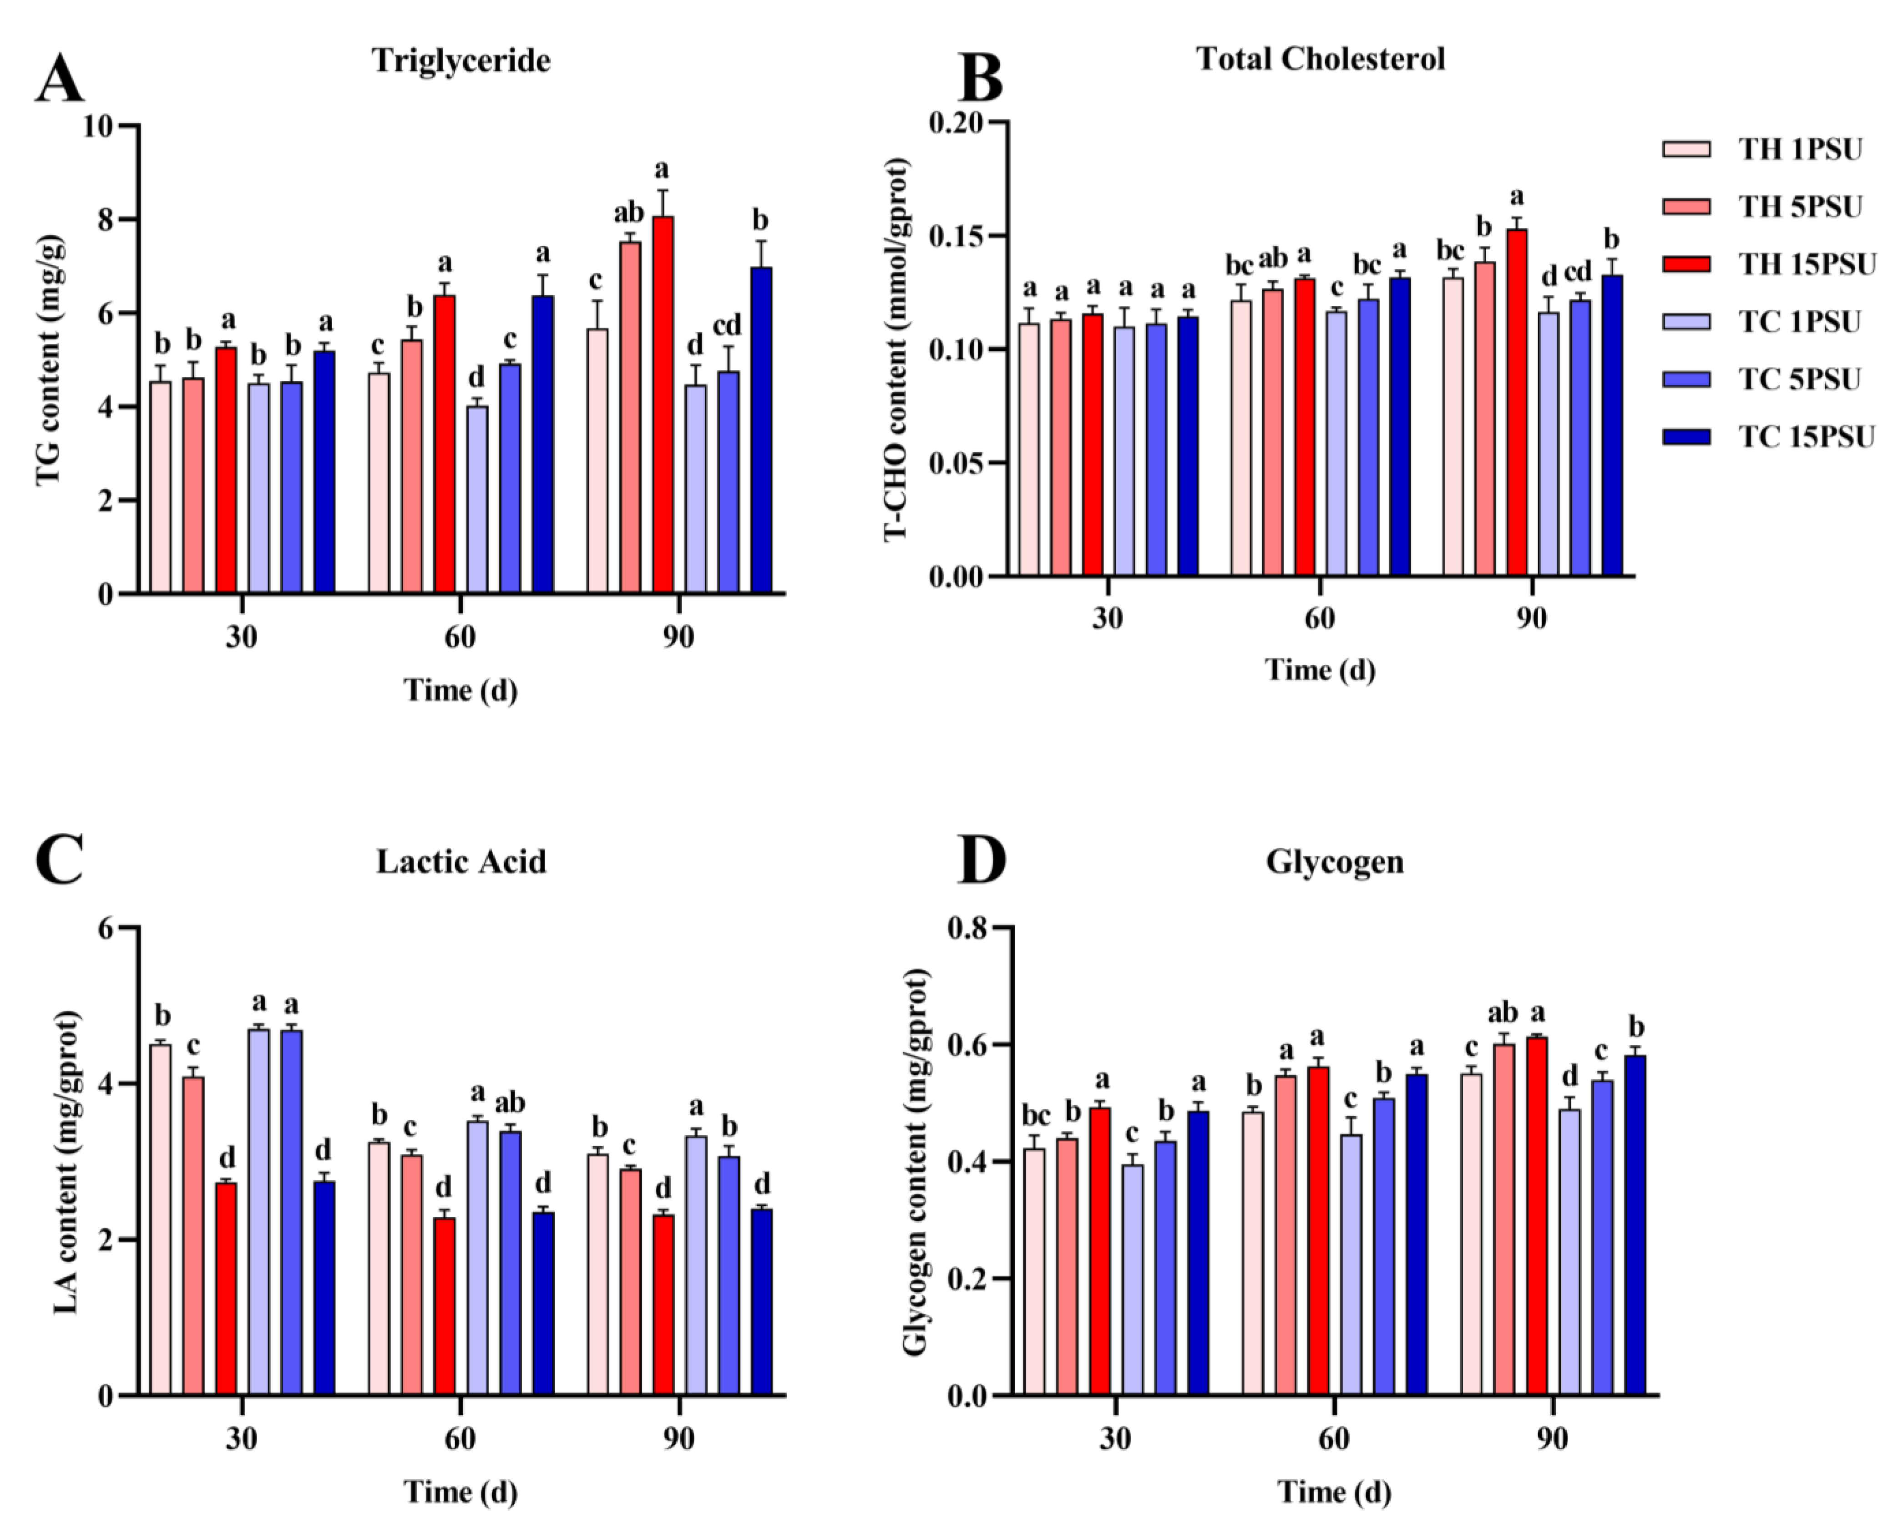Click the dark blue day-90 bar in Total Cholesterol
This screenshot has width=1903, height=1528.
pos(1612,425)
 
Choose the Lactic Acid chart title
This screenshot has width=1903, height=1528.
pos(461,860)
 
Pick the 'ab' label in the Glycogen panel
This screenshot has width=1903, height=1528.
pos(1503,1012)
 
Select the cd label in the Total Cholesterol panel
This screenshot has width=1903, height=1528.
pos(1578,272)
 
